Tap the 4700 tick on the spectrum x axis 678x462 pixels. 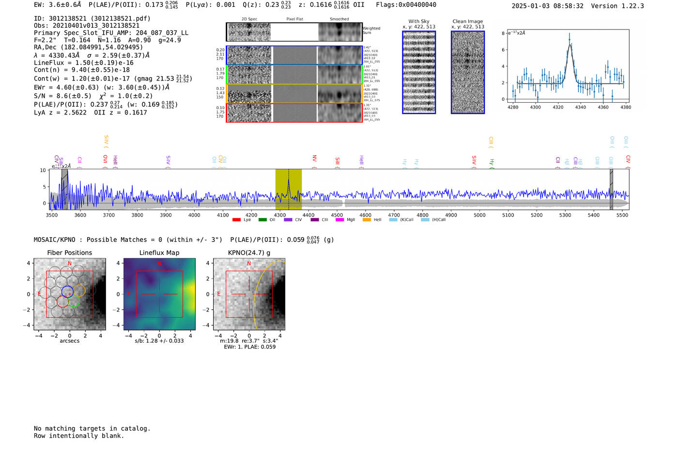point(394,215)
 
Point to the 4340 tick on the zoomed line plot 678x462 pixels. point(580,107)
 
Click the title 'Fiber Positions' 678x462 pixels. point(69,253)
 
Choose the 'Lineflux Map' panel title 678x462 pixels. point(159,253)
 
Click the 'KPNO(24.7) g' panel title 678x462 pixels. point(249,253)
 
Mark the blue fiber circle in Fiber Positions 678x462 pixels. point(67,292)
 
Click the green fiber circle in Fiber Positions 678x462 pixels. point(73,301)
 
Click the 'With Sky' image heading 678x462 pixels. point(419,21)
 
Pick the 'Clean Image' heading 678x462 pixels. point(467,21)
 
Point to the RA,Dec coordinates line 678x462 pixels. point(88,47)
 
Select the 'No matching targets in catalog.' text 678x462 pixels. point(92,428)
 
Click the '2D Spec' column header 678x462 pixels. point(249,19)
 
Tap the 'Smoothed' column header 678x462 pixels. point(339,19)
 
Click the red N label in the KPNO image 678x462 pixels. point(249,264)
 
